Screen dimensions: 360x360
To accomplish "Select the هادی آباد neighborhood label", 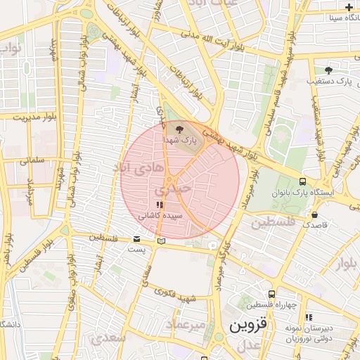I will coord(136,167).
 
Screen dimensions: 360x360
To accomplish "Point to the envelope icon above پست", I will coord(136,239).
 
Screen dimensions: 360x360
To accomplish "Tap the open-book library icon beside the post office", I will coord(162,241).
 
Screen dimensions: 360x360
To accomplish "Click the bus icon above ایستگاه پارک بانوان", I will coord(302,181).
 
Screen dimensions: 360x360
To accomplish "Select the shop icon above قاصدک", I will coord(314,214).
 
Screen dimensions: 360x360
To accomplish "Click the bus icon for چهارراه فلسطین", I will coord(271,294).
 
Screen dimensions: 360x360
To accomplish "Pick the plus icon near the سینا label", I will coord(349,6).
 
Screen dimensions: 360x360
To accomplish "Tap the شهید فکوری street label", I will coord(174,296).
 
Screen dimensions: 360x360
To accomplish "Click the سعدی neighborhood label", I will coord(108,337).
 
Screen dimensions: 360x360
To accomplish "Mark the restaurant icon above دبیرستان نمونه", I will coord(308,317).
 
